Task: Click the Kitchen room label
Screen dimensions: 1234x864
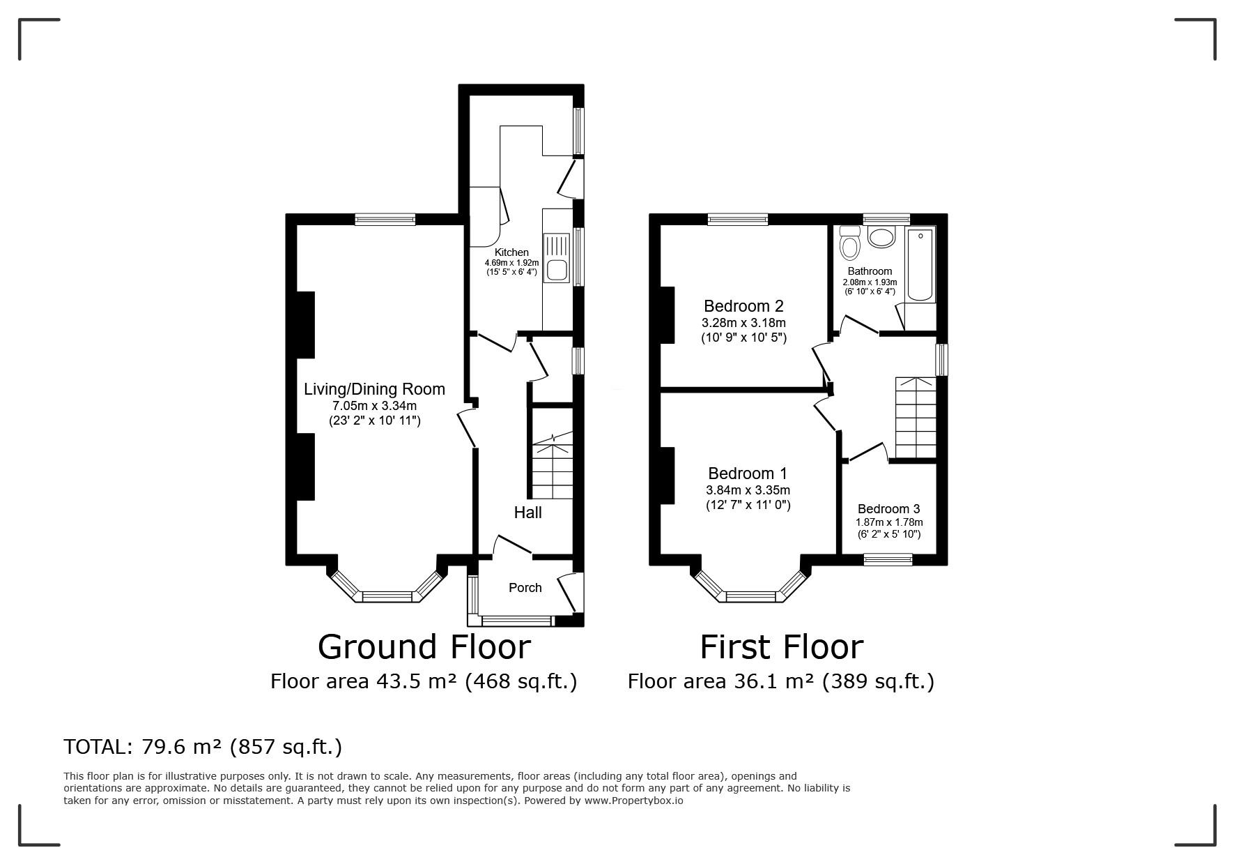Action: pos(511,252)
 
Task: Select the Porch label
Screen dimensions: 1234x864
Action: pos(525,588)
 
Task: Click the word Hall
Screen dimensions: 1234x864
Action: pos(527,513)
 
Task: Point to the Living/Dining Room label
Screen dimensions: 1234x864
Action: pos(374,389)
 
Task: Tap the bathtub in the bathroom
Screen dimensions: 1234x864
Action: pos(920,264)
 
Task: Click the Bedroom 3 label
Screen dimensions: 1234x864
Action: pos(888,509)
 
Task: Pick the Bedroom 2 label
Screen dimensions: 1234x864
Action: pos(743,306)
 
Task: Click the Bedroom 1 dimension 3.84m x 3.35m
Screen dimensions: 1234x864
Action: pos(748,490)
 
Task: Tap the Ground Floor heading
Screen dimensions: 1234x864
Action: pos(424,646)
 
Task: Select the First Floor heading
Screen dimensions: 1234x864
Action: pos(781,646)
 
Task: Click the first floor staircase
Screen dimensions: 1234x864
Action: pos(916,418)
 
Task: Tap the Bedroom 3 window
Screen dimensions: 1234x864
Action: pos(888,559)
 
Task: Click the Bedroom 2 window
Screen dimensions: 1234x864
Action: pos(738,219)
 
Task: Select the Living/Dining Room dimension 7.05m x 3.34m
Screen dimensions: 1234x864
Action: pos(374,406)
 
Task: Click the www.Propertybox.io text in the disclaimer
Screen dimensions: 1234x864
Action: pos(633,801)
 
